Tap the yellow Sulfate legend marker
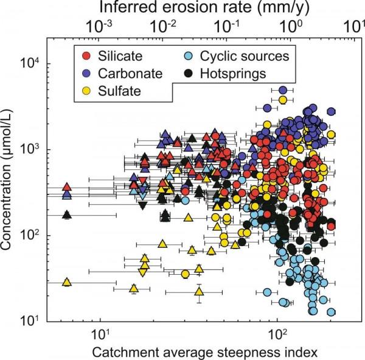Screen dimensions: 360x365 (86, 91)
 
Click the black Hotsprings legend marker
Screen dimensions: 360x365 (189, 74)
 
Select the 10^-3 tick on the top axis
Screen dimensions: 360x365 (99, 27)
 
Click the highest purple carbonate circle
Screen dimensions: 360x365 (282, 90)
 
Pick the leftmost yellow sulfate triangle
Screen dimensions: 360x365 (68, 282)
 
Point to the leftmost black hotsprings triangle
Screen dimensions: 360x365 (68, 214)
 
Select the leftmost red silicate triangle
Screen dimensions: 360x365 (68, 186)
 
